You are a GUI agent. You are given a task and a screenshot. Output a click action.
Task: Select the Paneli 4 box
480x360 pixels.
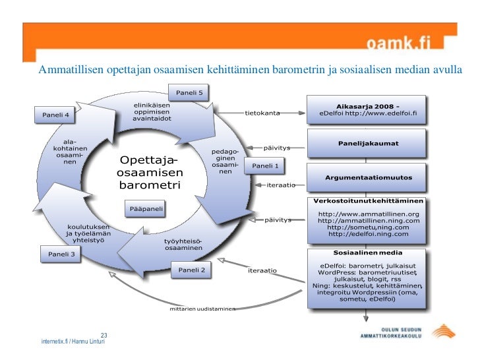coord(56,115)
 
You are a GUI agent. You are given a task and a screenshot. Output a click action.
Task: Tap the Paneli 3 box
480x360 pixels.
coord(61,254)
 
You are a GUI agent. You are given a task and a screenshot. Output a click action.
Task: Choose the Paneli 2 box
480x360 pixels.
coord(192,270)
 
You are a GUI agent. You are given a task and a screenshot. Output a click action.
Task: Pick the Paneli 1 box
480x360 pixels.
coord(266,166)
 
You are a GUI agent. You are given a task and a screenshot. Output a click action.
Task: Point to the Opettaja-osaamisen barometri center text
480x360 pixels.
coord(150,173)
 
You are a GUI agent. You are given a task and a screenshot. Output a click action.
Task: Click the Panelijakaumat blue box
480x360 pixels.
coord(368,143)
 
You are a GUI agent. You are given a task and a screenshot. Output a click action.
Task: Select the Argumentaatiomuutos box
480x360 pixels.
coord(368,177)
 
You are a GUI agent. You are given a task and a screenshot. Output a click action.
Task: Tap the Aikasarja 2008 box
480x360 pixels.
coord(368,108)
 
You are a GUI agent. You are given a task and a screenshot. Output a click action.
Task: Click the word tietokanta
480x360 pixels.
coord(262,113)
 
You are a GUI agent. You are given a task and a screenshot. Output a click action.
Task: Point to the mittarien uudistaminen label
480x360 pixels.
coord(202,309)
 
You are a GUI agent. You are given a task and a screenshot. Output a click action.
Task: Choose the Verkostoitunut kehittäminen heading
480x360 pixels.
coord(368,200)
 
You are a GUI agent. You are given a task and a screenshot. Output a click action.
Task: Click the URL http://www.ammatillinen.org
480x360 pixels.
coord(369,214)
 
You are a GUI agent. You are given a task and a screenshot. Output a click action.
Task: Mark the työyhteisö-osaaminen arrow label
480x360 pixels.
coord(183,244)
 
